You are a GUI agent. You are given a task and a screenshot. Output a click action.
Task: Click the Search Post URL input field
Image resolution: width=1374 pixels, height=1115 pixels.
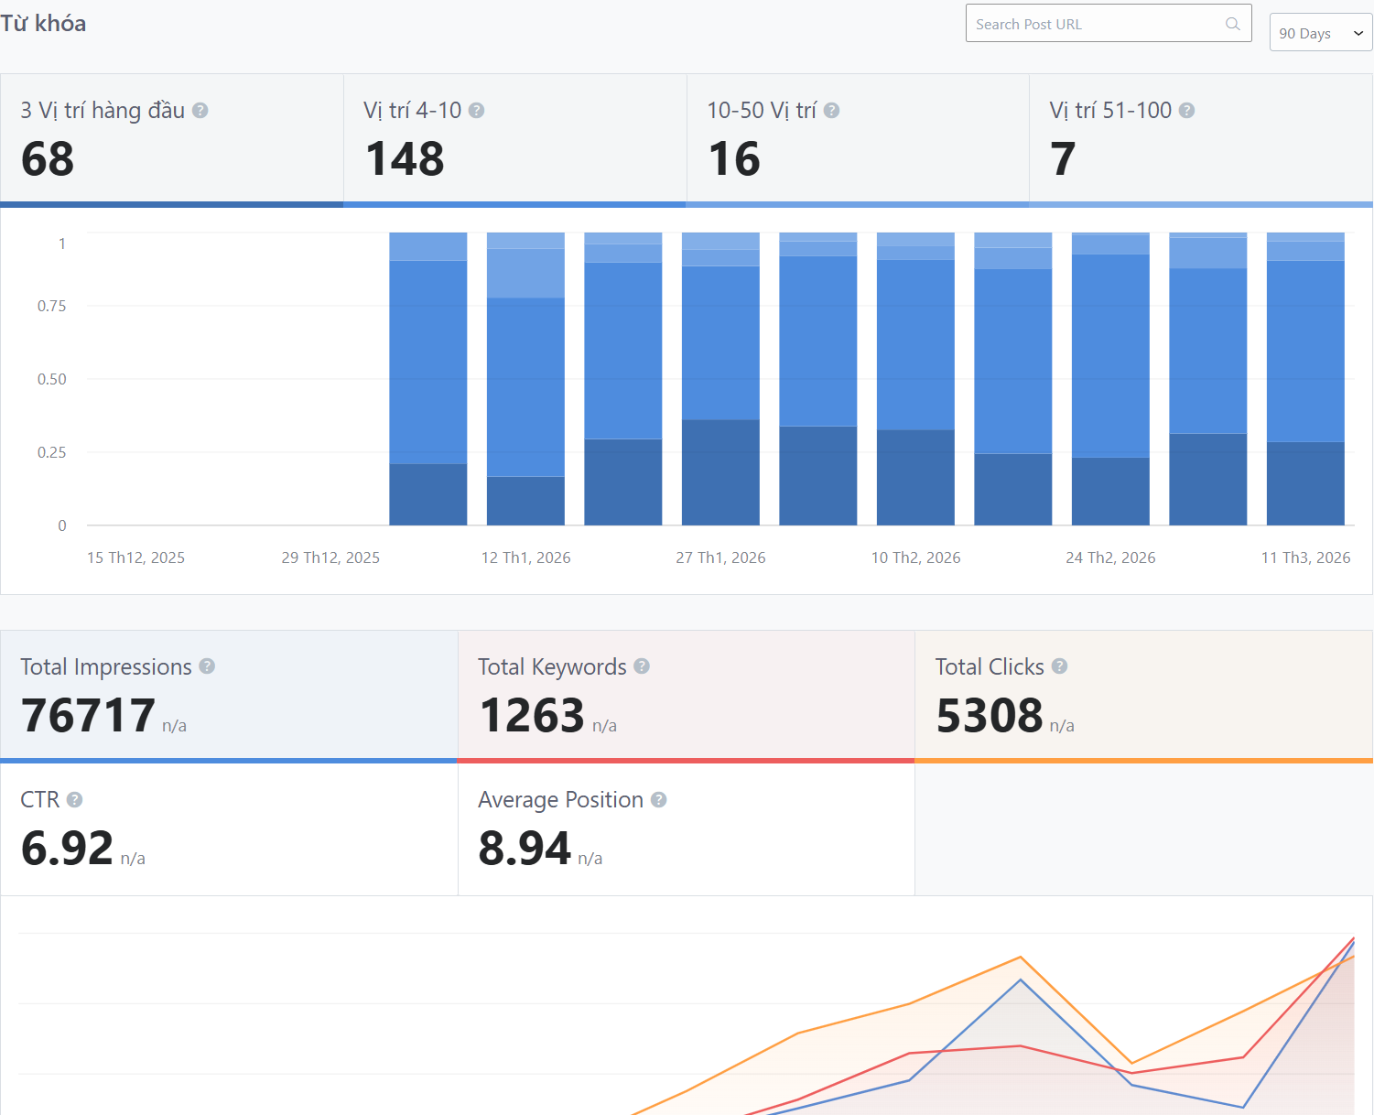coord(1094,24)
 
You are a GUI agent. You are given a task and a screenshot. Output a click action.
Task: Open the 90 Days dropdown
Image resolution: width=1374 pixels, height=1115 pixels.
coord(1320,33)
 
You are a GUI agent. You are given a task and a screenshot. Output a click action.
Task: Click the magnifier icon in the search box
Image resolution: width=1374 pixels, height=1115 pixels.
coord(1233,24)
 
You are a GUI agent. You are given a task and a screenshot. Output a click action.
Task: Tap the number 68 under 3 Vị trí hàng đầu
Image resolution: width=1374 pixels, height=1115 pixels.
coord(48,159)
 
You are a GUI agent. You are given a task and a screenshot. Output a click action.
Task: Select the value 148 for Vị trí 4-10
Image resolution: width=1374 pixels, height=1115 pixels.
coord(405,159)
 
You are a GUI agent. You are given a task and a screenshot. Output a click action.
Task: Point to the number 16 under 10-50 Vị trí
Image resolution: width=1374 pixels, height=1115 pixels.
coord(734,159)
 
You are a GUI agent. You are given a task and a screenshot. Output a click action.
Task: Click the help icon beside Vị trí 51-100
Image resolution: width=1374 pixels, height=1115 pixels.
coord(1186,111)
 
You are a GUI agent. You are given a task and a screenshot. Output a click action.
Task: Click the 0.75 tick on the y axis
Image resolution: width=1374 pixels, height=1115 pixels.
coord(51,306)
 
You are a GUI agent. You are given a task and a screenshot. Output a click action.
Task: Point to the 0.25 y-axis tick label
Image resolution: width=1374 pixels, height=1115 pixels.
coord(51,452)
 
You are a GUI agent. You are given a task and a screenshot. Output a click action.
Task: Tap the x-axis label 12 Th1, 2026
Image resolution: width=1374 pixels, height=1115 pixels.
coord(525,557)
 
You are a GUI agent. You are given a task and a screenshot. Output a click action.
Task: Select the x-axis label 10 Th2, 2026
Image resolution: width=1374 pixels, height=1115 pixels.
coord(915,557)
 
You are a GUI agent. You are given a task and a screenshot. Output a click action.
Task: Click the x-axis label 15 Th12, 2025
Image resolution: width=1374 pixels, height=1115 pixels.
coord(135,557)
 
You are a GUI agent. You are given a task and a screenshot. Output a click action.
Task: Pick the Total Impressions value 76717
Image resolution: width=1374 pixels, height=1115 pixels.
coord(88,716)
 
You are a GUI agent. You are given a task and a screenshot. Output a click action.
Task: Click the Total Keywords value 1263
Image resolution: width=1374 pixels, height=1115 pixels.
coord(532,716)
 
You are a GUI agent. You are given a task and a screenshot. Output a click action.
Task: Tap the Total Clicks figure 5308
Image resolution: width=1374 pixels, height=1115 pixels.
coord(990,716)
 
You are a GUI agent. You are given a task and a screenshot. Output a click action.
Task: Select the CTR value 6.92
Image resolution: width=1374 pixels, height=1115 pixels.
coord(67,849)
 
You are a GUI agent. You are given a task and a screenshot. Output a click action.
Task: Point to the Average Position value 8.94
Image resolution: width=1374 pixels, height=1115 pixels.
coord(525,849)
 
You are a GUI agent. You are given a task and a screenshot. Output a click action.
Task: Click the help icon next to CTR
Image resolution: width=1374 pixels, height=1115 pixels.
coord(75,800)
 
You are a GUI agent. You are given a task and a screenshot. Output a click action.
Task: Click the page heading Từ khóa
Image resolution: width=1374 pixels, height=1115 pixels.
coord(43,23)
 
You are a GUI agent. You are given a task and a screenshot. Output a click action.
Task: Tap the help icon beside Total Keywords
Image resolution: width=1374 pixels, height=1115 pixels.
coord(642,666)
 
